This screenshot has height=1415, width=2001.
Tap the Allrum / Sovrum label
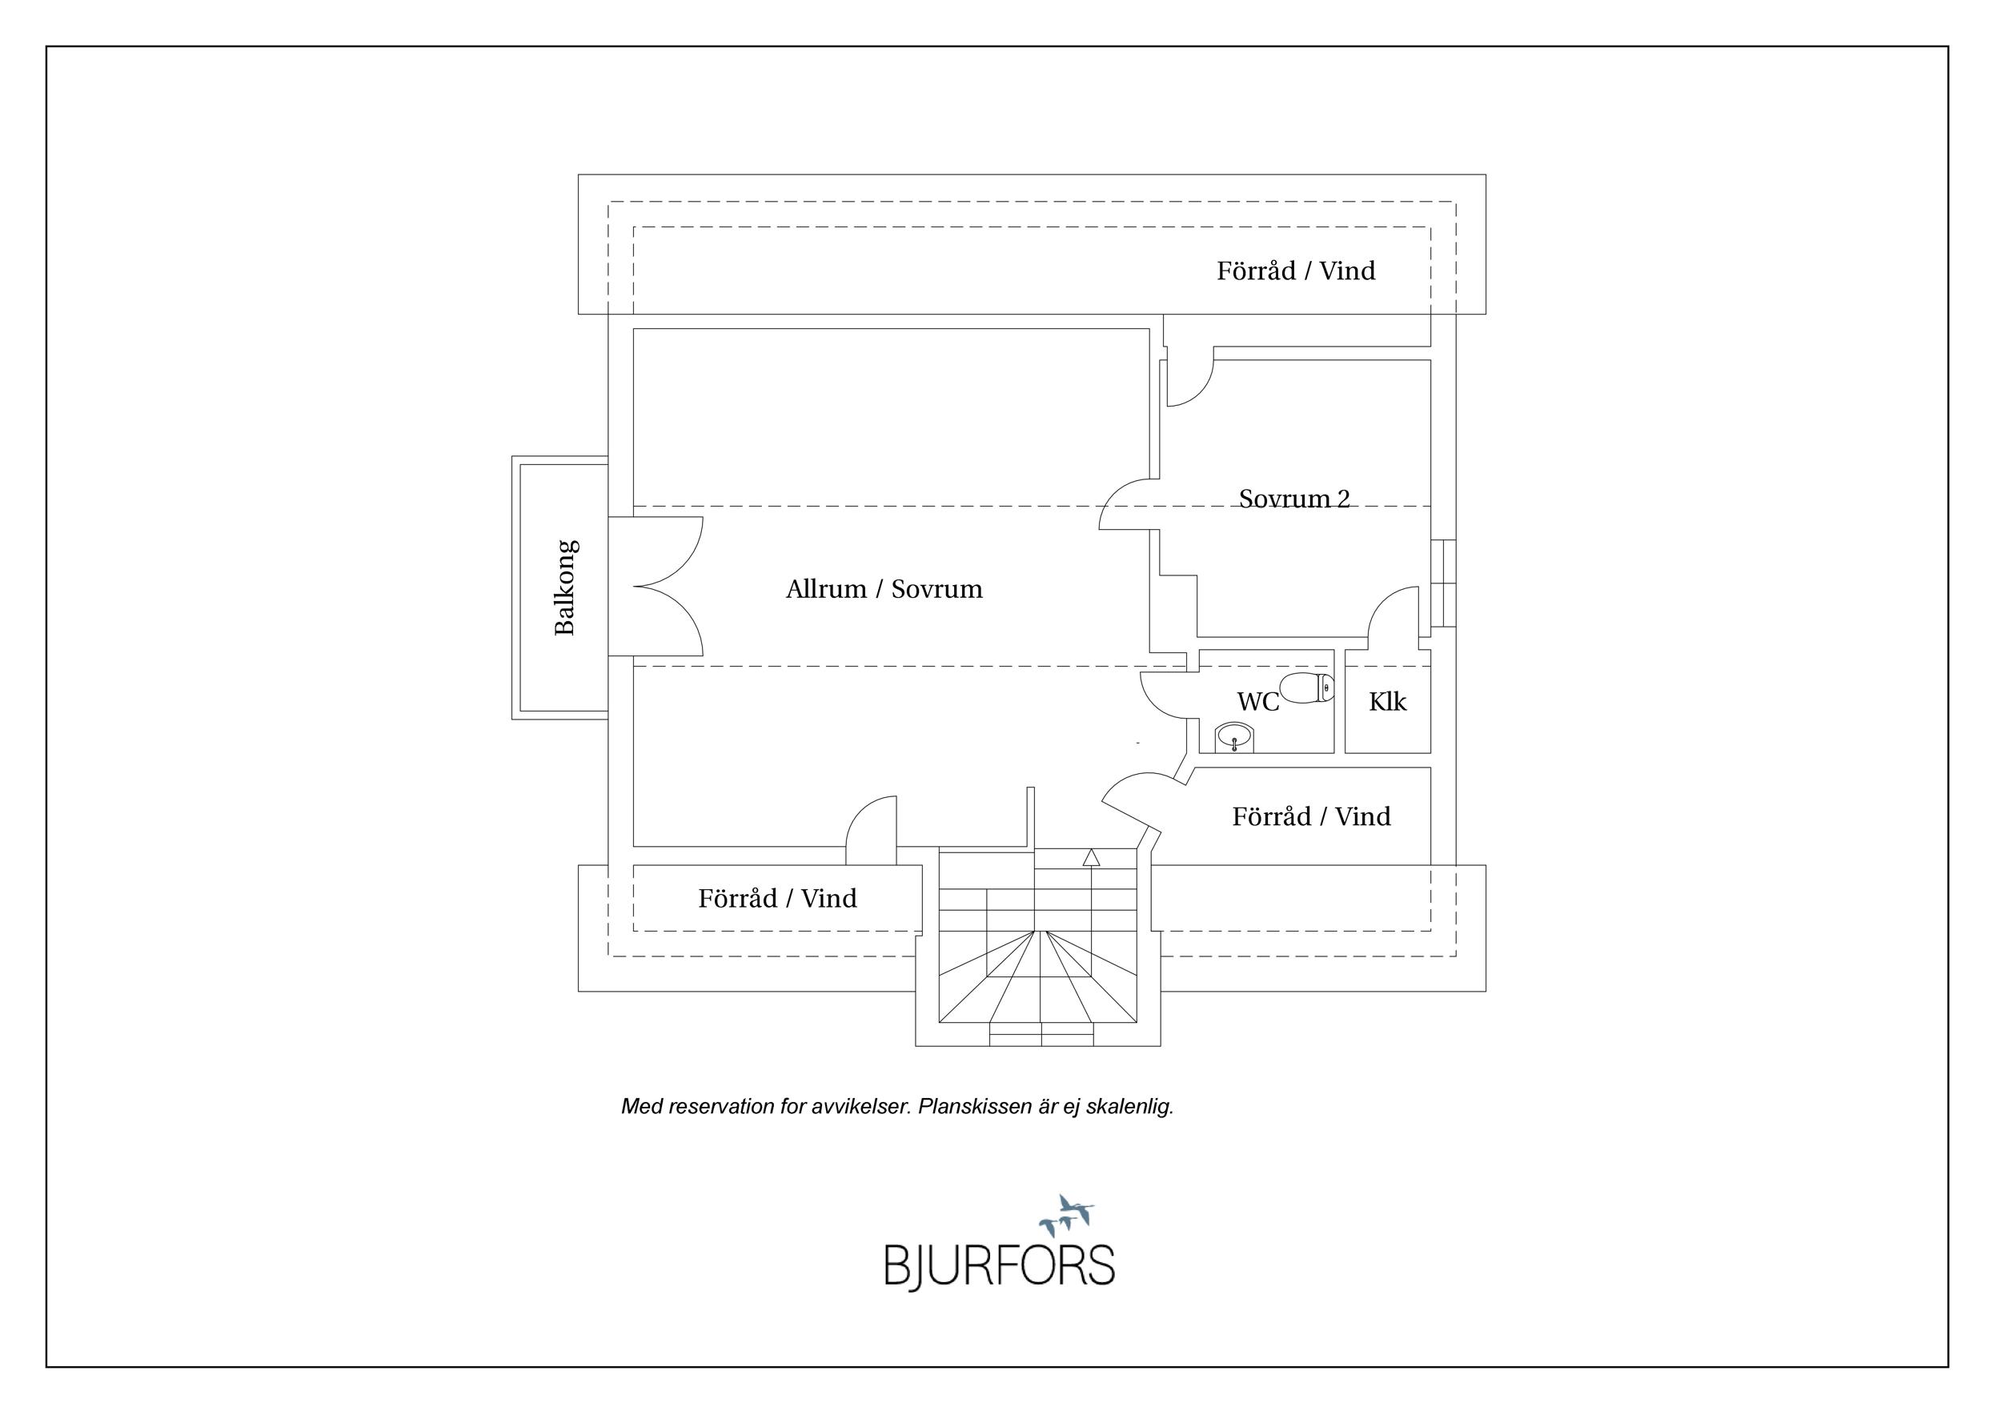click(884, 590)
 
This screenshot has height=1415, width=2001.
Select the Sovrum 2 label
click(1294, 499)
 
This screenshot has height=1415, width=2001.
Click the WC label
click(1257, 701)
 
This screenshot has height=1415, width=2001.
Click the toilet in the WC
click(1306, 687)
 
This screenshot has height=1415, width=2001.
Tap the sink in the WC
click(1234, 739)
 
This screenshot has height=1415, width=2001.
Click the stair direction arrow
click(1091, 857)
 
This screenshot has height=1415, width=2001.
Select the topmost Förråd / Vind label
click(1296, 271)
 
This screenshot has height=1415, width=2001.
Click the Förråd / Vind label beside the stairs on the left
click(777, 898)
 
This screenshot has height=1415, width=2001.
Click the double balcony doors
click(656, 587)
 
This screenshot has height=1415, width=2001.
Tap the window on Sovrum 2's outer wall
click(1443, 583)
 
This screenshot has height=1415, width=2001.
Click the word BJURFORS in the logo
click(1000, 1266)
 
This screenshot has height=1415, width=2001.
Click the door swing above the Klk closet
click(1393, 615)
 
